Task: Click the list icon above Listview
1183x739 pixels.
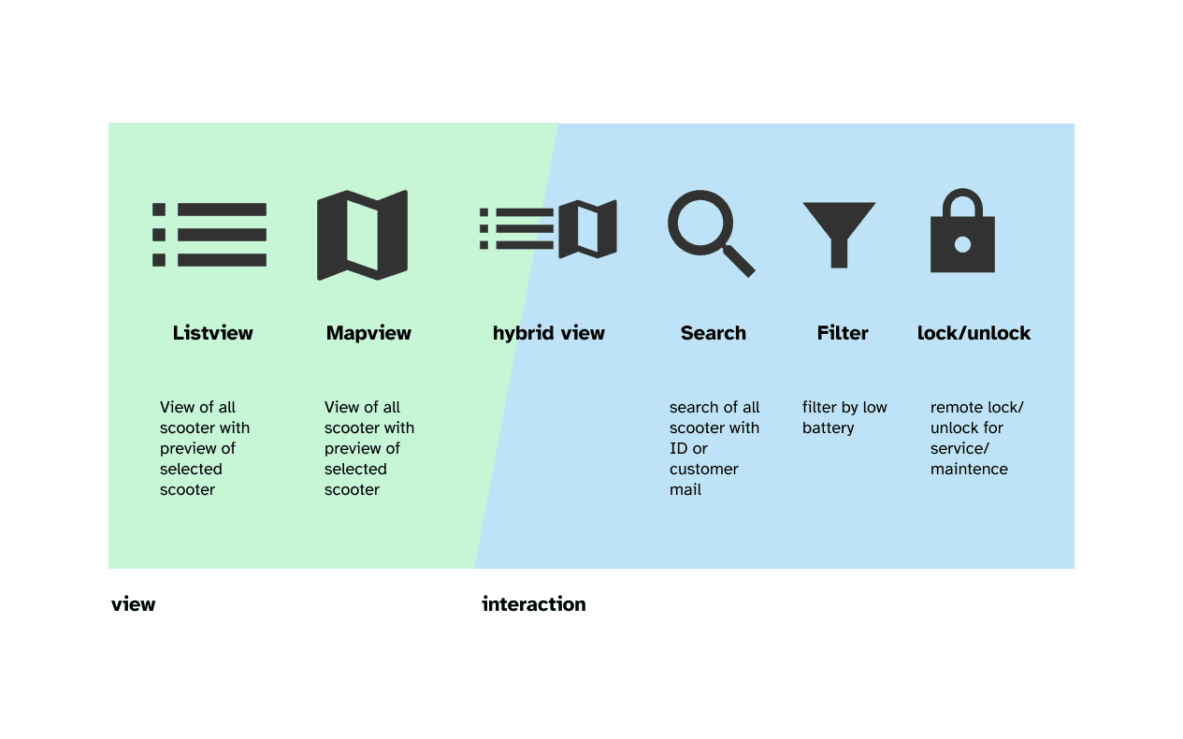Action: (209, 235)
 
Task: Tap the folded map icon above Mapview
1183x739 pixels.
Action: (363, 235)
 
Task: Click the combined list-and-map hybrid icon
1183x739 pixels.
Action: (548, 229)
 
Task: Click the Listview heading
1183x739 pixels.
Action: (212, 333)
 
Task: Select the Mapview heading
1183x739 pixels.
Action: (368, 333)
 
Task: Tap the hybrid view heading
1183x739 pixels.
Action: (549, 333)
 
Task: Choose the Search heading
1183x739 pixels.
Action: (714, 333)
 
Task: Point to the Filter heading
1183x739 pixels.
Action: (843, 333)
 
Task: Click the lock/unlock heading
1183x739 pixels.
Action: (974, 333)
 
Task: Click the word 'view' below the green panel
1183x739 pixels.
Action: (134, 604)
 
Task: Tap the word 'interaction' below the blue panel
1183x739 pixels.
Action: (534, 604)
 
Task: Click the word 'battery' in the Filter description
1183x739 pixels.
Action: (829, 428)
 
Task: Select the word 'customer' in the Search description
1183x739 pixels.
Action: (704, 470)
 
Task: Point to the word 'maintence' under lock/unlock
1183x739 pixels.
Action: (969, 470)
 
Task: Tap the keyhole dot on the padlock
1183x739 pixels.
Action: (962, 244)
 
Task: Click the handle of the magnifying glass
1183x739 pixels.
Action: (739, 261)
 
